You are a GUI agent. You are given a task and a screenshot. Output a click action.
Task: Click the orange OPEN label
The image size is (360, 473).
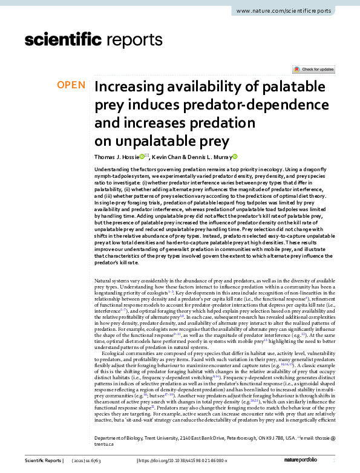click(71, 85)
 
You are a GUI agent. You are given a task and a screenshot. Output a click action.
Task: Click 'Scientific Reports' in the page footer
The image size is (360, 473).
click(45, 461)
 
